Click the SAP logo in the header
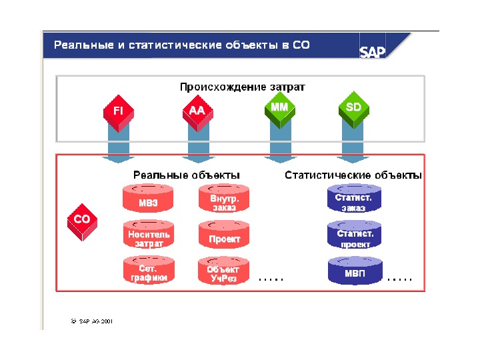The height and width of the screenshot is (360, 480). [x=373, y=52]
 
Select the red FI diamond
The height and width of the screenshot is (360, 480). [x=117, y=111]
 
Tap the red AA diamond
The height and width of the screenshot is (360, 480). [x=197, y=111]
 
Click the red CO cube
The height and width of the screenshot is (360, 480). [x=82, y=221]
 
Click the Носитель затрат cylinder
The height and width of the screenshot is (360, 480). [x=148, y=237]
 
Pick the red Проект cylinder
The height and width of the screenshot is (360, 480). [x=224, y=237]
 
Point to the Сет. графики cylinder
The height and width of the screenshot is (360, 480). [x=148, y=272]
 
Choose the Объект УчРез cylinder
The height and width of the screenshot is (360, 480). [x=224, y=272]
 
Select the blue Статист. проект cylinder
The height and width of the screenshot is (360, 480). [x=354, y=237]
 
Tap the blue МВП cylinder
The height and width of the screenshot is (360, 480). [x=354, y=272]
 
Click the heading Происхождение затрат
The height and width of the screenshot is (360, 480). [x=243, y=87]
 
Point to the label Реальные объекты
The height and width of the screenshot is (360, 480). [x=186, y=175]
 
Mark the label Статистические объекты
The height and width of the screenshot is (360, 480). [x=353, y=175]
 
